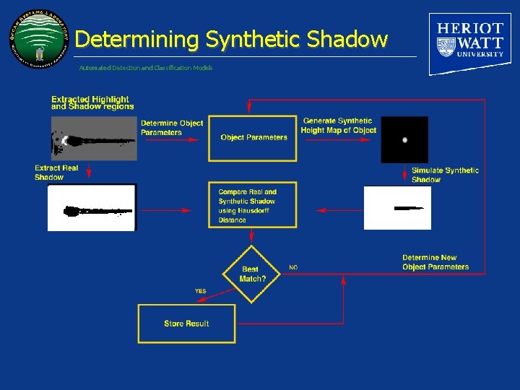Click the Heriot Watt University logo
470,43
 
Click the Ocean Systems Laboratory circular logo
41,41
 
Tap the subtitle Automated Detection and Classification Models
146,68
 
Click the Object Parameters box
253,137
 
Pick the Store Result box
186,324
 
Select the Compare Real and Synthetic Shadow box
253,206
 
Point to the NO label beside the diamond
293,267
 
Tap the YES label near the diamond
200,291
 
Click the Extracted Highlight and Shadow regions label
92,103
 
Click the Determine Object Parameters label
172,128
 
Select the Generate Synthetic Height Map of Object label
339,126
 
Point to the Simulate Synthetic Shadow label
444,175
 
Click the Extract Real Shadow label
56,173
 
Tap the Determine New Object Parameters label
435,262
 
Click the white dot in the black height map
404,139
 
